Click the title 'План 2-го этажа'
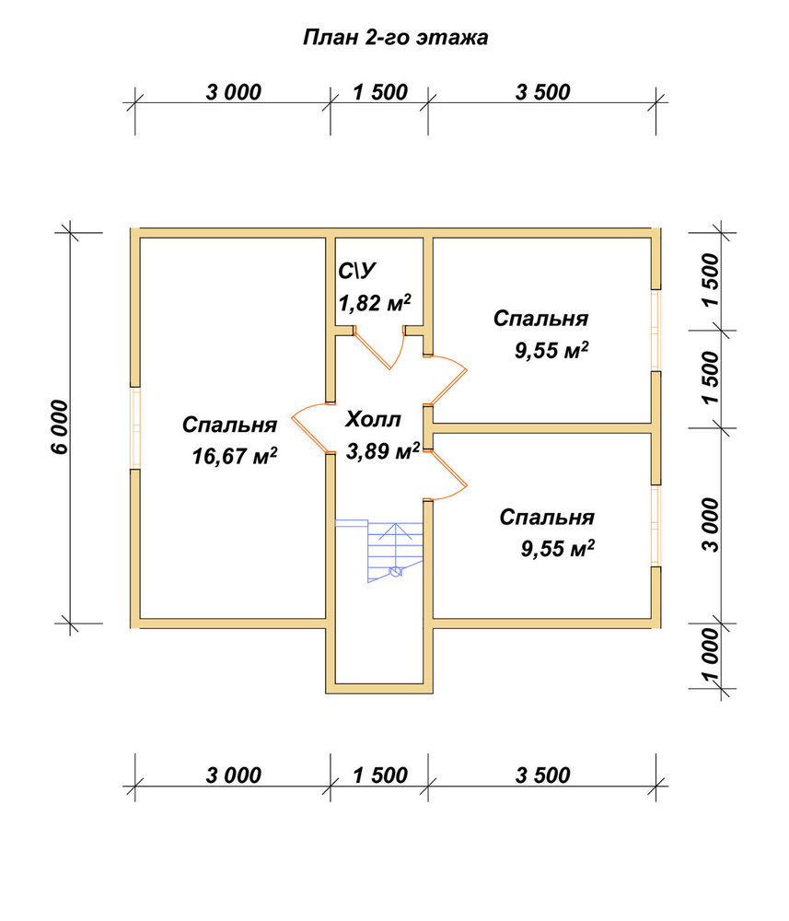tap(395, 38)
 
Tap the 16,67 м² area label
tap(234, 455)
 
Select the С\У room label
tap(356, 271)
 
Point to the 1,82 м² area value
tap(375, 302)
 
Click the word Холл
tap(374, 419)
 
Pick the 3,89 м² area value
tap(383, 450)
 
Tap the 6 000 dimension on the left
tap(60, 427)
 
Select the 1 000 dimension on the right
tap(710, 655)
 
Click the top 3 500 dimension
tap(542, 92)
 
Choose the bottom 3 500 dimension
tap(542, 775)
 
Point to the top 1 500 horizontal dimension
tap(380, 92)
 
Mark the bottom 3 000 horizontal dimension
tap(233, 775)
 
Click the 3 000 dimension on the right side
tap(710, 525)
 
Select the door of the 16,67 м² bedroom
tap(310, 428)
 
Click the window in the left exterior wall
tap(135, 427)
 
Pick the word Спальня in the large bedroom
tap(229, 425)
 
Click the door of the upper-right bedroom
tap(446, 380)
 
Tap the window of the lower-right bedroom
tap(656, 526)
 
